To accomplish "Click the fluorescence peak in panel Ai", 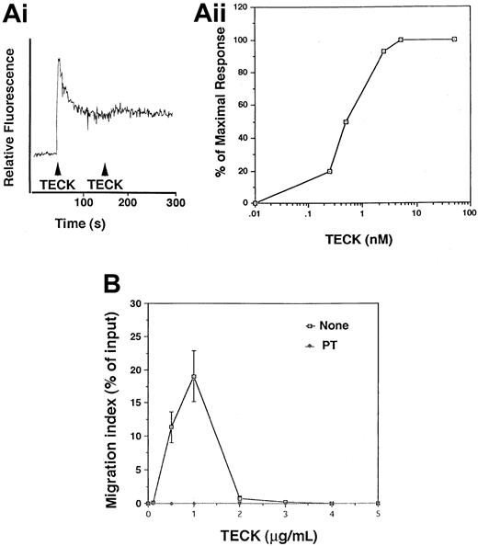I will (x=59, y=60).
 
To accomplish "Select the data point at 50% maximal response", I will (x=320, y=121).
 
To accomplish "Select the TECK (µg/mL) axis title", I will (x=262, y=536).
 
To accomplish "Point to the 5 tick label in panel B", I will (x=379, y=515).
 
